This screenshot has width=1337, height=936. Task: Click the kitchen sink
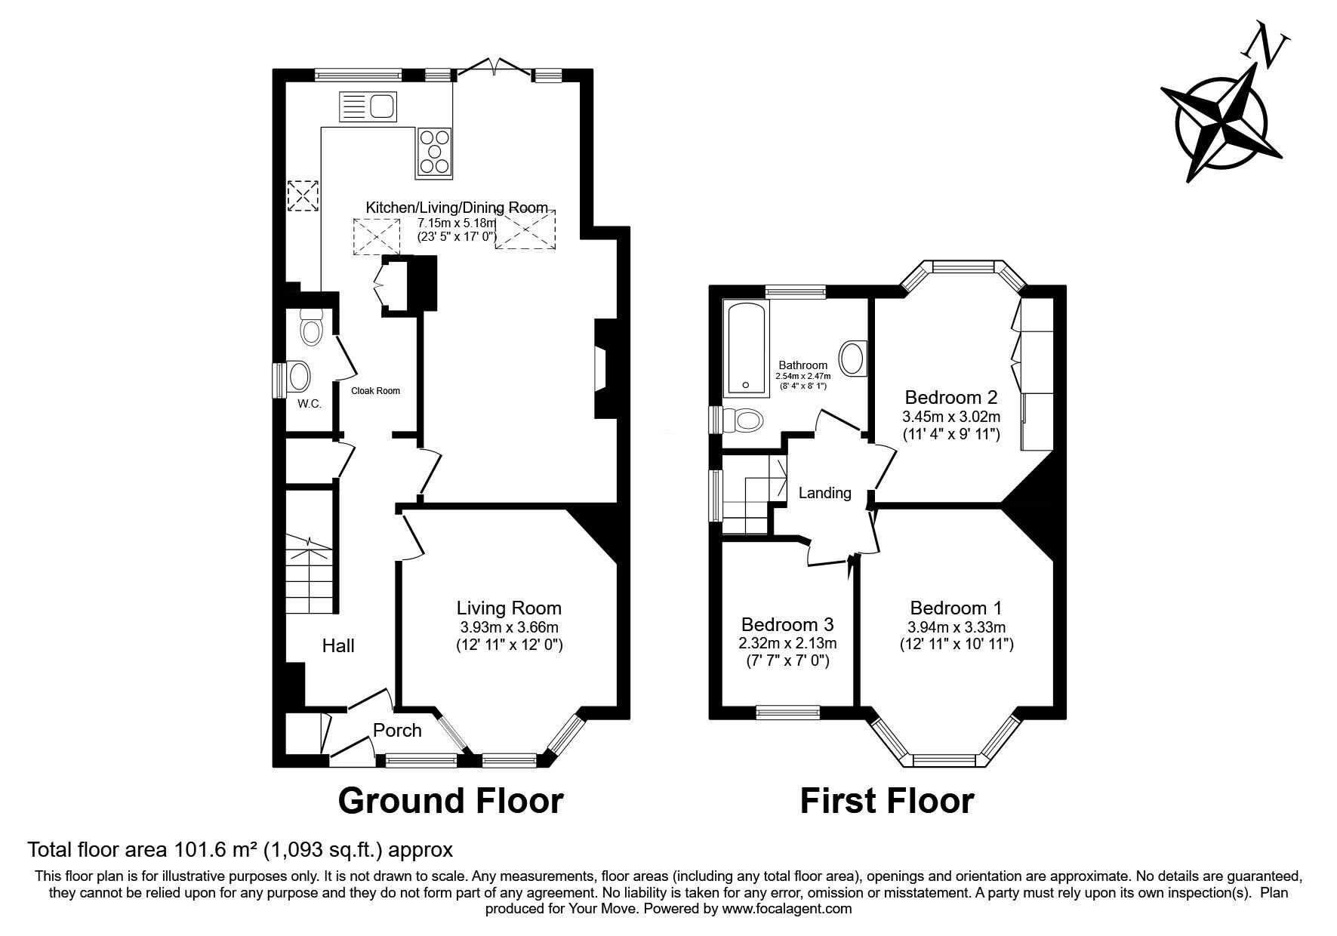point(368,106)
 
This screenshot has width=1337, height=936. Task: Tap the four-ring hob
point(433,152)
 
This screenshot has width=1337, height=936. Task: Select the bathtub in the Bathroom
point(746,349)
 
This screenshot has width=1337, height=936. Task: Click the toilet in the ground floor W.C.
point(310,326)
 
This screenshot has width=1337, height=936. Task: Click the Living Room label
point(509,608)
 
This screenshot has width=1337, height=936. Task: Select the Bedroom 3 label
point(787,624)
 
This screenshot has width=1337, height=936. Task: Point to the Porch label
point(398,730)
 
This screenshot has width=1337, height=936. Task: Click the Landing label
point(825,493)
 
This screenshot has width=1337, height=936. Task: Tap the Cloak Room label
point(376,391)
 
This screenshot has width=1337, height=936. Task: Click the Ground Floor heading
point(451,801)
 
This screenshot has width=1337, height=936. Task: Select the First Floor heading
point(887,801)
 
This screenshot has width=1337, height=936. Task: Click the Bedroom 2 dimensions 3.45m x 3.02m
point(951,417)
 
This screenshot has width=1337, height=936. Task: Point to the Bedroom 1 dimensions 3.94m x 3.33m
point(957,627)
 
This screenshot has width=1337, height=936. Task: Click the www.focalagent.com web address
point(787,909)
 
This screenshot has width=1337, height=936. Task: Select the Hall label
point(338,645)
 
